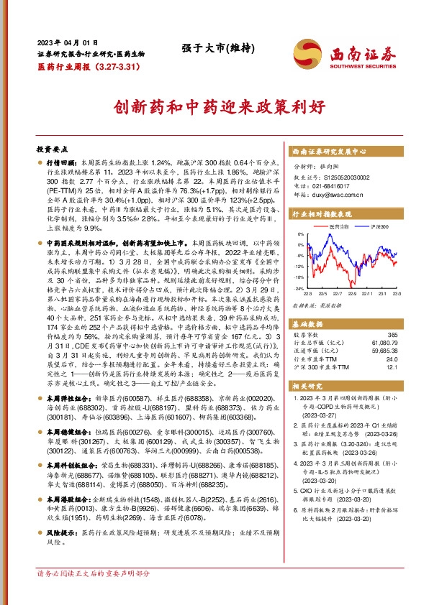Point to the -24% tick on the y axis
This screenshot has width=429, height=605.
coord(299,287)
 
